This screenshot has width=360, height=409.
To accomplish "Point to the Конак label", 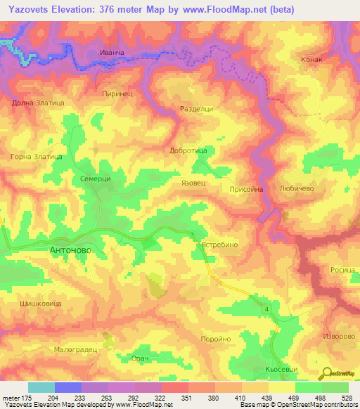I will coord(311,60).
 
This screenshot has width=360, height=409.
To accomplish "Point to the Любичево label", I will coord(300,189).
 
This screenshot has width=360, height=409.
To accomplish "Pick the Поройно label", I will coord(216,339).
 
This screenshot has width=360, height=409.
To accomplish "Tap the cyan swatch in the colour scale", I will coord(41,387).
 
